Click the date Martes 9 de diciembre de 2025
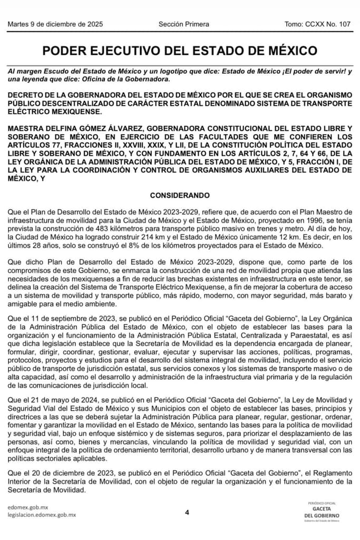click(55, 24)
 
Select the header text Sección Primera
click(183, 24)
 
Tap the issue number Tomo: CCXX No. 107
click(317, 24)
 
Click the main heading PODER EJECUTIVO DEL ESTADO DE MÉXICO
click(180, 51)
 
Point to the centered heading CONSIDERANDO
click(180, 195)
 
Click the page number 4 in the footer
click(187, 512)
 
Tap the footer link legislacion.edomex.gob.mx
click(42, 515)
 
